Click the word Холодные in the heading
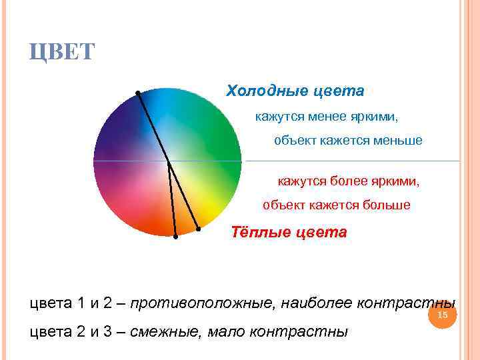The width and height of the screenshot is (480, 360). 260,90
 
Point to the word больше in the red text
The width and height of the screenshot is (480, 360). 386,205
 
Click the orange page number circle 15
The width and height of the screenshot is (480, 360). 443,315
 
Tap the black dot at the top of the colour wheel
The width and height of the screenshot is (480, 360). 137,92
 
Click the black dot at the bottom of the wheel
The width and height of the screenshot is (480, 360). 175,236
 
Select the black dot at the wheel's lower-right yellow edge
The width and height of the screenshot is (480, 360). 199,229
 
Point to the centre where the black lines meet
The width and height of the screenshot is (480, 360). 167,161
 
